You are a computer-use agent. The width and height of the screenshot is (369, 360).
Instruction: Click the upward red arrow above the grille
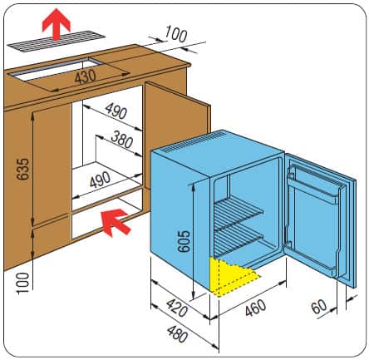point(57,24)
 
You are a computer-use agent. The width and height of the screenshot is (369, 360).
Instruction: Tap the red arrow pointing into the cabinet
point(116,222)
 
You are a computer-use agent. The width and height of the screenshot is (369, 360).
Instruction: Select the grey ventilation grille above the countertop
point(57,42)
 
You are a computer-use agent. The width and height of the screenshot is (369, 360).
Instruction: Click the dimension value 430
point(86,76)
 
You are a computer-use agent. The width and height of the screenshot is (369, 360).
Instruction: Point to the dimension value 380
point(122,140)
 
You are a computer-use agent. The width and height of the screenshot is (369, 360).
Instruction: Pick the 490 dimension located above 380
point(116,111)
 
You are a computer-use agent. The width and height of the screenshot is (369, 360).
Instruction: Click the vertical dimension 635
point(22,169)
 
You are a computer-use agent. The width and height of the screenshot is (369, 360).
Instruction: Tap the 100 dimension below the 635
point(22,283)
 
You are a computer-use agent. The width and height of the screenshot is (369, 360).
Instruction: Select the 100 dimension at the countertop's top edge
point(176,34)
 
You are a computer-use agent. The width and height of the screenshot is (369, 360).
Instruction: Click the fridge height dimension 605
point(184,241)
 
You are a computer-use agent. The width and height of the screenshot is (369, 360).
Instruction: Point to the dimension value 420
point(177,308)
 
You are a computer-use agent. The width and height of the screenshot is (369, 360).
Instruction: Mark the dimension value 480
point(178,333)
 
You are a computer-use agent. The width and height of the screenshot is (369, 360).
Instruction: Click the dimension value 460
point(255,308)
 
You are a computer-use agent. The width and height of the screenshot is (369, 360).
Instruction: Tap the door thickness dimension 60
point(319,307)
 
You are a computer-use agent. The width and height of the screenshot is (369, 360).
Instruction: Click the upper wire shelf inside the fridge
point(239,210)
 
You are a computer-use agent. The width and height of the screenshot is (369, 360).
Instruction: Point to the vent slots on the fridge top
point(194,142)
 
